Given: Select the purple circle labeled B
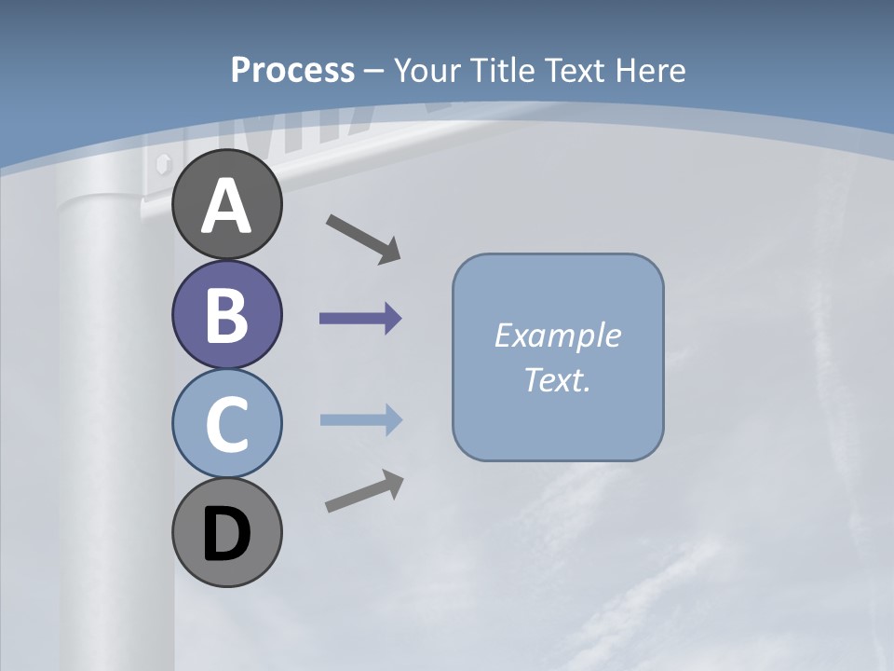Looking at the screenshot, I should pyautogui.click(x=226, y=314).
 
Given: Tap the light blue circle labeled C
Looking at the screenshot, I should pyautogui.click(x=226, y=423).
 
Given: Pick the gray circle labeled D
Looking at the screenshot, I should pyautogui.click(x=226, y=532).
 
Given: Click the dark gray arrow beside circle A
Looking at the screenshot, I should pyautogui.click(x=363, y=238).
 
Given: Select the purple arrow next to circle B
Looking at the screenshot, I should pyautogui.click(x=360, y=319).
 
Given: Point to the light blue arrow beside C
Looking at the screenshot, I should pyautogui.click(x=361, y=420).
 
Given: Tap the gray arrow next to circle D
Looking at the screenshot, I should pyautogui.click(x=364, y=491).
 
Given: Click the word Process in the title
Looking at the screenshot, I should pyautogui.click(x=292, y=70).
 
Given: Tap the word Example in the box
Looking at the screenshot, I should pyautogui.click(x=558, y=335).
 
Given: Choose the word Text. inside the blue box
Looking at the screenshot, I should pyautogui.click(x=558, y=379).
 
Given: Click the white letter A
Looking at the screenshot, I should pyautogui.click(x=226, y=206).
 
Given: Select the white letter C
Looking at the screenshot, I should pyautogui.click(x=226, y=425).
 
